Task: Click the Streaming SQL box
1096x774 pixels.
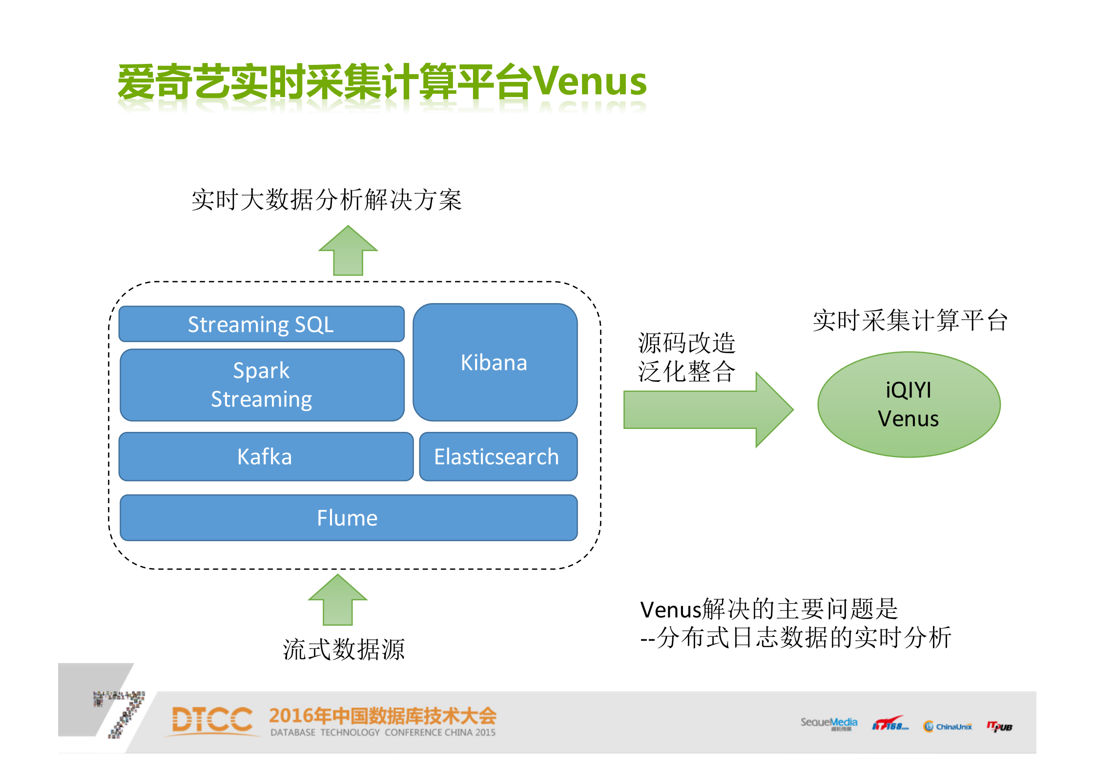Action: tap(261, 324)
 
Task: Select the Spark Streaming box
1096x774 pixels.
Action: tap(262, 385)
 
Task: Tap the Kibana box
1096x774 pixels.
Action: tap(495, 362)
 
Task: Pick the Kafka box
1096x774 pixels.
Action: tap(265, 457)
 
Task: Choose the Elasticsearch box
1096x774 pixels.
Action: tap(497, 457)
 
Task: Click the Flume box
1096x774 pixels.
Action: tap(348, 518)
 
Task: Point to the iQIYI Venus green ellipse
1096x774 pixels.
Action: tap(909, 405)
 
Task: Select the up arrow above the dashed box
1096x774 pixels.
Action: tap(348, 251)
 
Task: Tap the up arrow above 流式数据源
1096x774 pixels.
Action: tap(338, 600)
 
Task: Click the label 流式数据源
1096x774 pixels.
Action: tap(344, 650)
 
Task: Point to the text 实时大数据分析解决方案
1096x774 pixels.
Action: tap(326, 200)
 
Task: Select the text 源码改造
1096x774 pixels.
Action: tap(686, 343)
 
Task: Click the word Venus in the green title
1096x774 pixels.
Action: tap(590, 81)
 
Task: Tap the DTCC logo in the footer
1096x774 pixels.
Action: tap(213, 720)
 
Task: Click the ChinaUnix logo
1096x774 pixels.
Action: tap(948, 726)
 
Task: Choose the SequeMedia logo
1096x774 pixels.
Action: tap(828, 723)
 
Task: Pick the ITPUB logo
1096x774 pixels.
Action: tap(999, 726)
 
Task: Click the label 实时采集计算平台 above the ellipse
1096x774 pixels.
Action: tap(910, 321)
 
